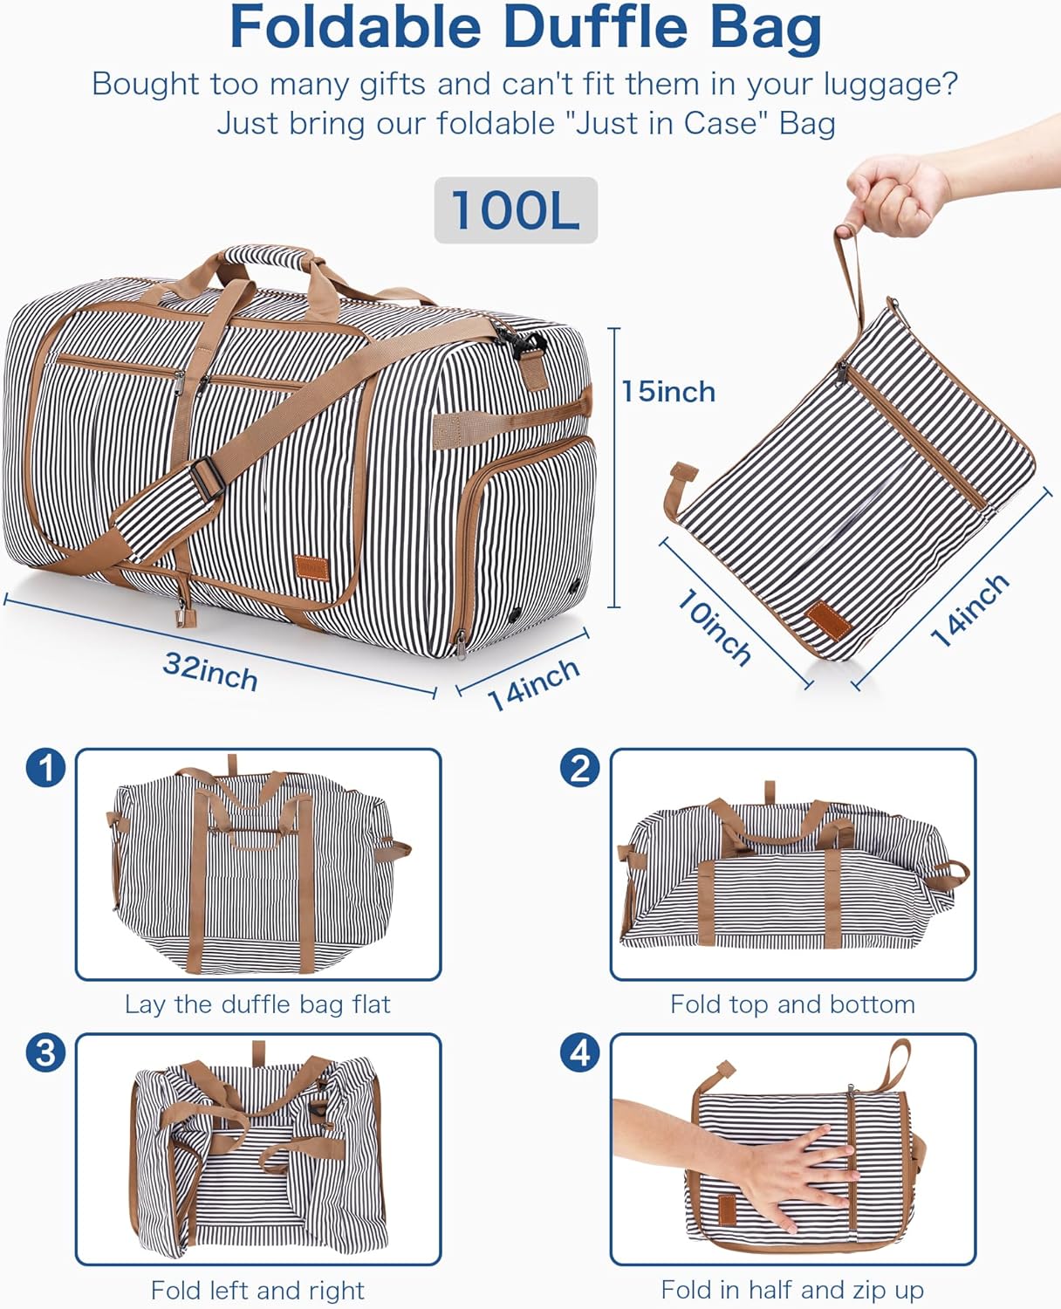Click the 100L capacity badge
click(x=516, y=210)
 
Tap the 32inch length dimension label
click(x=210, y=672)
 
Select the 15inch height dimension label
click(x=668, y=392)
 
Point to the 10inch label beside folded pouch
click(x=715, y=628)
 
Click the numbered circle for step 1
click(x=45, y=769)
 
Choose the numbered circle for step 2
click(x=580, y=769)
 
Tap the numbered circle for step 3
click(x=45, y=1053)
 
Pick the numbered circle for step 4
click(x=580, y=1053)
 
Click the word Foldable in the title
click(x=355, y=28)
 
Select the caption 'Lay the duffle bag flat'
click(x=257, y=1004)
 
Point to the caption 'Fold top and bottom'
click(x=792, y=1004)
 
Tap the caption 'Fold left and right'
click(x=257, y=1290)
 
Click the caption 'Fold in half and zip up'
click(x=792, y=1290)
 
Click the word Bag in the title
click(x=766, y=28)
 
